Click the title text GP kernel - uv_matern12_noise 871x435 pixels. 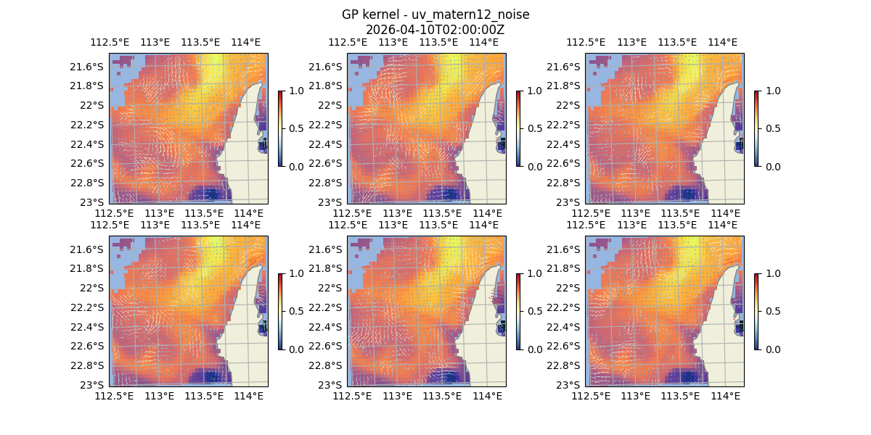click(435, 15)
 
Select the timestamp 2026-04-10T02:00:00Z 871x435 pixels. click(435, 30)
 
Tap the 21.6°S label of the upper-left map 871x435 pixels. click(89, 67)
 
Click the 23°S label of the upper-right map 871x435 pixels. click(571, 202)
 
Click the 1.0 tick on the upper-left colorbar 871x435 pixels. click(295, 91)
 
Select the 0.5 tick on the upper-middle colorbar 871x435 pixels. click(533, 128)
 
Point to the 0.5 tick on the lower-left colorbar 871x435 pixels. click(295, 311)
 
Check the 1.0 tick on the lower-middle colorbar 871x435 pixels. click(533, 273)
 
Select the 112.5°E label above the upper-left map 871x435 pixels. click(105, 42)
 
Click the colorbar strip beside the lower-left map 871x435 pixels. click(279, 311)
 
